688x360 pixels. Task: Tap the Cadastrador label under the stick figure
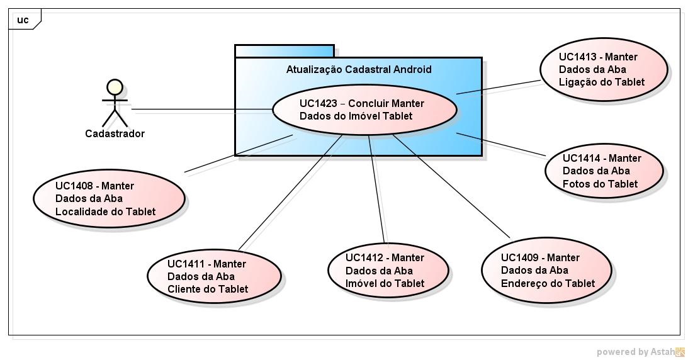(x=115, y=133)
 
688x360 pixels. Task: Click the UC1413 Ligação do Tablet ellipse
(x=604, y=69)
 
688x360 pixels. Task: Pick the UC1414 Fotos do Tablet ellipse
(x=604, y=171)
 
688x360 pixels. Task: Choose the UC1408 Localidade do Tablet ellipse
(x=108, y=198)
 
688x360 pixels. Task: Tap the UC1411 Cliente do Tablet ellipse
(x=214, y=276)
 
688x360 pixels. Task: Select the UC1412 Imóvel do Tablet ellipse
(x=388, y=270)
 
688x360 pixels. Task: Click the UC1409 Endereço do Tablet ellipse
(x=546, y=270)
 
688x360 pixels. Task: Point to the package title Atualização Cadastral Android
(x=359, y=69)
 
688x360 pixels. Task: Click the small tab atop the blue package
(x=284, y=51)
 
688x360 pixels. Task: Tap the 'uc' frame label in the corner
(x=23, y=20)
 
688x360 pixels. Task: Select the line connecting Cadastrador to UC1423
(x=201, y=110)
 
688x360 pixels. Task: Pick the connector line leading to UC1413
(x=499, y=87)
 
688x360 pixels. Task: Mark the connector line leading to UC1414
(x=501, y=144)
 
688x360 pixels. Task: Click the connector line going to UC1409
(x=451, y=186)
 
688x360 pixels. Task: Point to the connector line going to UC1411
(x=291, y=193)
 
